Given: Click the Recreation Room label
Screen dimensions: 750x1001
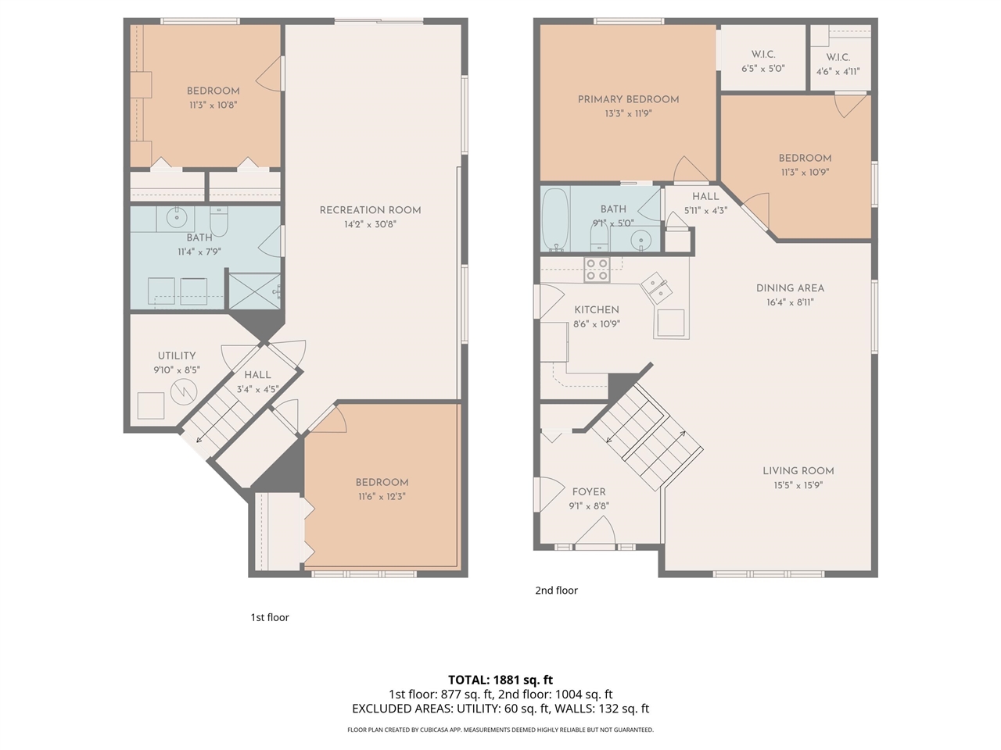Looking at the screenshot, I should click(x=370, y=209).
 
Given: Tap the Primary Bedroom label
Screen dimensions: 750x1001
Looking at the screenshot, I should click(x=628, y=99).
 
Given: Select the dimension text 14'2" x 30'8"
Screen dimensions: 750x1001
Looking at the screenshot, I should click(x=370, y=224).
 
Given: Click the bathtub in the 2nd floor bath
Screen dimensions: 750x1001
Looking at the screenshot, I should click(x=556, y=220).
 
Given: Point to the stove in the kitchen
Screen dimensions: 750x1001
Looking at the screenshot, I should click(x=597, y=270).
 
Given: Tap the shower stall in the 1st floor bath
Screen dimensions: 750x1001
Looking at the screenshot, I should click(x=253, y=290).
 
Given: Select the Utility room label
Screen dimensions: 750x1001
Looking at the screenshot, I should click(x=177, y=355).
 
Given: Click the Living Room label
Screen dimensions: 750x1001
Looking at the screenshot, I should click(x=798, y=470).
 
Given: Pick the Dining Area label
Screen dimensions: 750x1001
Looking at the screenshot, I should click(x=790, y=287).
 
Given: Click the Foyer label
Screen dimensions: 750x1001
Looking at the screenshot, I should click(x=589, y=491).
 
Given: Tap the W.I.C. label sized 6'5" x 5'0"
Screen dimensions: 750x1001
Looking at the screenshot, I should click(x=762, y=55).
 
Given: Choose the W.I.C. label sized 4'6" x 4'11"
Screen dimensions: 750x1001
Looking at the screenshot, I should click(x=838, y=57).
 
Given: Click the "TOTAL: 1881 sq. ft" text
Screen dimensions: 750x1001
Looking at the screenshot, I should click(x=500, y=680).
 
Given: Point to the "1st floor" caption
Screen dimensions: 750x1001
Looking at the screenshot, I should click(x=270, y=617).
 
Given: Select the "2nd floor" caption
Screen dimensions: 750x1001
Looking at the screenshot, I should click(x=556, y=591).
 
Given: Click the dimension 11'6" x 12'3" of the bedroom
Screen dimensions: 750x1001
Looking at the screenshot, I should click(x=382, y=497).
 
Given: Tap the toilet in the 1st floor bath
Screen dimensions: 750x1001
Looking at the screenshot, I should click(x=219, y=222).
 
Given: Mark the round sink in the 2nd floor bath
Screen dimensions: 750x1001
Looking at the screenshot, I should click(x=641, y=239).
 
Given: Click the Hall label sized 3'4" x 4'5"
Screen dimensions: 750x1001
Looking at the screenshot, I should click(x=257, y=375).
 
